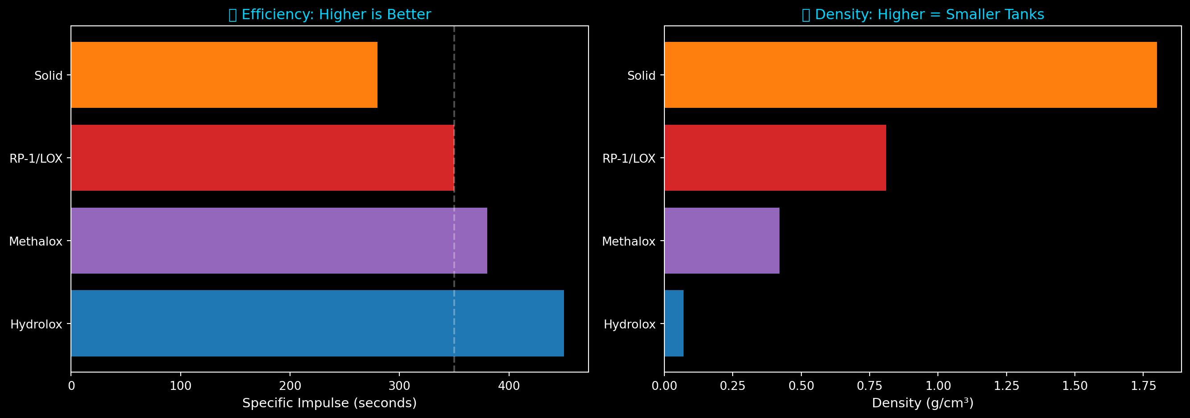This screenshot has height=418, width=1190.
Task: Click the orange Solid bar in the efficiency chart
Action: [x=224, y=75]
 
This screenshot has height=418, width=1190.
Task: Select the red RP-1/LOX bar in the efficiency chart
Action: [x=262, y=158]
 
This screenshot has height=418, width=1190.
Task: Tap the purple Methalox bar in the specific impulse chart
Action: [x=279, y=240]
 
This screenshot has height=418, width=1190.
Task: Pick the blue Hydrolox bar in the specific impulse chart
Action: [x=317, y=324]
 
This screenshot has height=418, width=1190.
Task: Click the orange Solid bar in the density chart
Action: [x=910, y=75]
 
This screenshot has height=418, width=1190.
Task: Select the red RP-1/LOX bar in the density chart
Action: [x=775, y=158]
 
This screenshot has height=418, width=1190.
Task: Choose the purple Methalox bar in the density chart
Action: [x=721, y=240]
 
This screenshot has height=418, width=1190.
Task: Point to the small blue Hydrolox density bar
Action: [x=674, y=324]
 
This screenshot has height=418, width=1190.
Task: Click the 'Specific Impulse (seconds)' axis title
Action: [x=329, y=403]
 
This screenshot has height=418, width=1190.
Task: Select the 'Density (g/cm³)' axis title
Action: [x=923, y=403]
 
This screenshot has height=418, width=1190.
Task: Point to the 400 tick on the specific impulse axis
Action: [x=509, y=386]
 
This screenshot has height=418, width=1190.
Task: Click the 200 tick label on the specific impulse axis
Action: [x=290, y=386]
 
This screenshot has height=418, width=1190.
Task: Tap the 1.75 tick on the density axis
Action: [x=1143, y=386]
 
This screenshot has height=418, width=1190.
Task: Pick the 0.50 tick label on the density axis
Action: [x=801, y=386]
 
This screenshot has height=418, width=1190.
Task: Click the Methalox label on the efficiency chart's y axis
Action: [x=36, y=241]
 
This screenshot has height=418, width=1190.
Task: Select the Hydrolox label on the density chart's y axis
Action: [x=629, y=324]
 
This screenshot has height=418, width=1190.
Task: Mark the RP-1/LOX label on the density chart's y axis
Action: [x=629, y=159]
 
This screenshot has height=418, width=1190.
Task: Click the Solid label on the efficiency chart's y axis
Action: [x=48, y=76]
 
